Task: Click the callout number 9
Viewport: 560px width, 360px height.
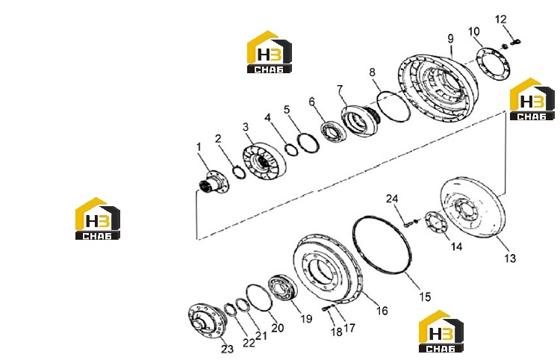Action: point(450,39)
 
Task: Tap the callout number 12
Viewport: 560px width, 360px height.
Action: point(501,19)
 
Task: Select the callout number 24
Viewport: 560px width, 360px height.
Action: point(392,199)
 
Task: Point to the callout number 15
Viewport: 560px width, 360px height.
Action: point(425,297)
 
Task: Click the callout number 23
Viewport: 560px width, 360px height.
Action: point(227,349)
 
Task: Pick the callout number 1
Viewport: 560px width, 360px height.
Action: point(199,147)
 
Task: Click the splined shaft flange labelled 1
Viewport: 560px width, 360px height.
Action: point(214,181)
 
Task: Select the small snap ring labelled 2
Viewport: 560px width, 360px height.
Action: point(238,173)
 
